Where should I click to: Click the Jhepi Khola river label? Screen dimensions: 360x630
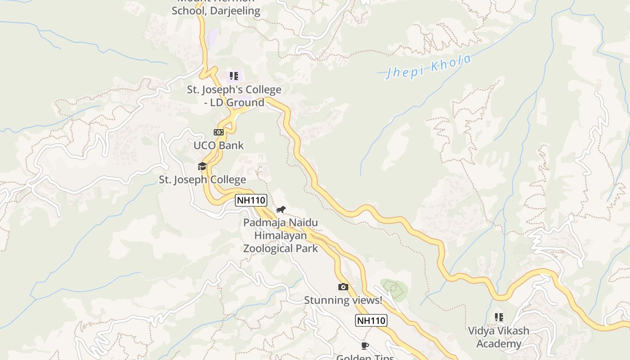click(428, 67)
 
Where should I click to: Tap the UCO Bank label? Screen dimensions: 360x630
click(219, 145)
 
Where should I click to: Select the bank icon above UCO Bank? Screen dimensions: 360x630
click(218, 132)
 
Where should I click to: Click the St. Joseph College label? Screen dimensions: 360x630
click(202, 180)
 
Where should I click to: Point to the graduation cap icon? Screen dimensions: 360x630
click(202, 166)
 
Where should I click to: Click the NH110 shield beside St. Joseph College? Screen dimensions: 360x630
click(251, 200)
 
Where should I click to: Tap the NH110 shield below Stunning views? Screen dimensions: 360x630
click(371, 320)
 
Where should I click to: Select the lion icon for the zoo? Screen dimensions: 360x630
click(281, 210)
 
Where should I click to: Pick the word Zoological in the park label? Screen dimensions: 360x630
click(267, 248)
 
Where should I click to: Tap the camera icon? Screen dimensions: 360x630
click(343, 287)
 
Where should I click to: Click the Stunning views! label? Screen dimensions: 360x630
click(343, 300)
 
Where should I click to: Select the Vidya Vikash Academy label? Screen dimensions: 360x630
click(499, 337)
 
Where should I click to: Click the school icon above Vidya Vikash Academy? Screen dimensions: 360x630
click(499, 317)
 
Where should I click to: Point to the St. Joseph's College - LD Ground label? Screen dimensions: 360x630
click(234, 96)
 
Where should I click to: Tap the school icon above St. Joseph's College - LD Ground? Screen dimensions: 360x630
click(234, 76)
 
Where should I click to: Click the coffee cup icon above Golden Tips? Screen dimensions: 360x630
click(365, 346)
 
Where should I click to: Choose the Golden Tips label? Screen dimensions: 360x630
click(365, 357)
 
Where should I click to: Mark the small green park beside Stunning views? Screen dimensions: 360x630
click(394, 288)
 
